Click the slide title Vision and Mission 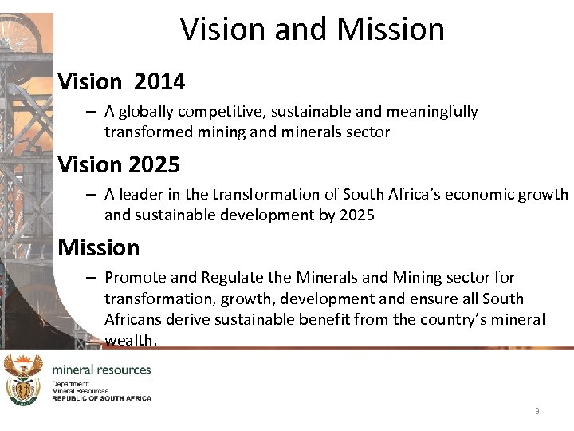(313, 30)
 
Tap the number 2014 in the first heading (159, 81)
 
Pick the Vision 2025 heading (119, 165)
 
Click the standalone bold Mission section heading (98, 247)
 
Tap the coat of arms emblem (23, 380)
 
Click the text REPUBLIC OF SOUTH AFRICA (101, 397)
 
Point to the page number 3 (537, 411)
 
